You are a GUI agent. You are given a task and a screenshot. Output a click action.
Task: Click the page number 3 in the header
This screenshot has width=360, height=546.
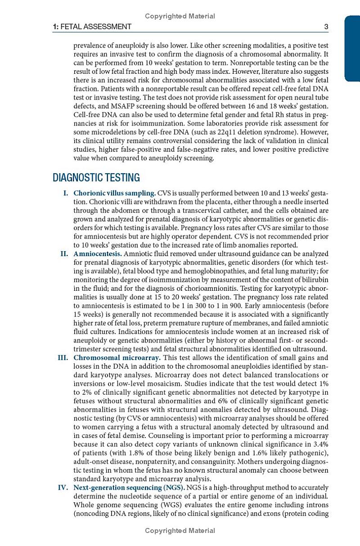pyautogui.click(x=326, y=27)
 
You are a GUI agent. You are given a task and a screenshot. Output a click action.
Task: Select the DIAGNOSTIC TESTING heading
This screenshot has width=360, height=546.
pyautogui.click(x=96, y=178)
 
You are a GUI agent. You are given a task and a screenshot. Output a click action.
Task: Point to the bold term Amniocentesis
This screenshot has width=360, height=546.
pyautogui.click(x=98, y=254)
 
